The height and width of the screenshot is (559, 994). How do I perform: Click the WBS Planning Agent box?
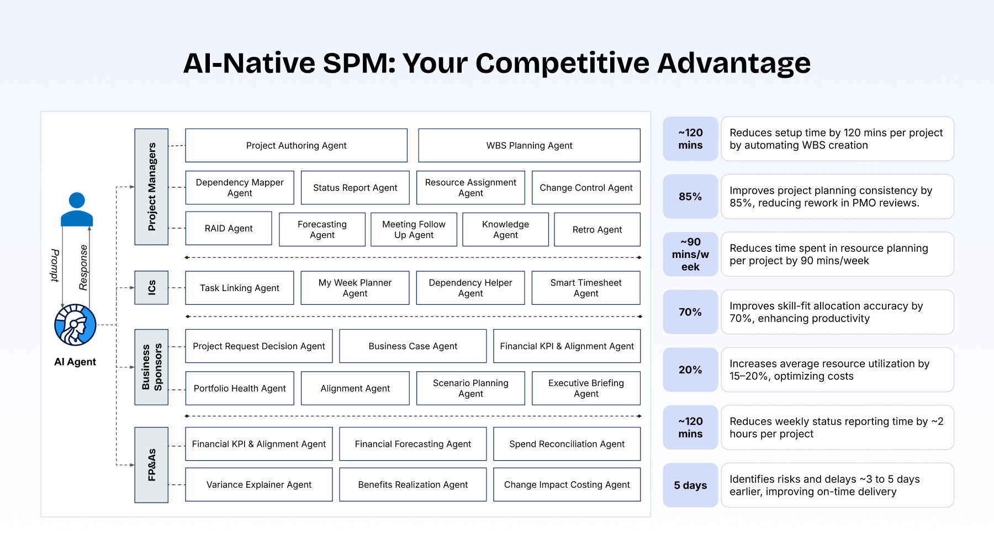(x=529, y=145)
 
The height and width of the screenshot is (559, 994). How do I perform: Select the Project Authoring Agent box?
(x=296, y=145)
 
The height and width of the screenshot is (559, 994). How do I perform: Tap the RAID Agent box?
(x=229, y=228)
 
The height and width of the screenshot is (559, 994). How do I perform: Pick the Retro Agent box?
(x=597, y=229)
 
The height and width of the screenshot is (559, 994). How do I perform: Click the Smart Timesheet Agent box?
(x=586, y=288)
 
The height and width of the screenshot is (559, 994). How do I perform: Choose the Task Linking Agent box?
(x=240, y=288)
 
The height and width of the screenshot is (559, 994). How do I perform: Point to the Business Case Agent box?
(x=413, y=346)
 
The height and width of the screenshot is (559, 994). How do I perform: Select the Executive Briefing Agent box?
(x=586, y=388)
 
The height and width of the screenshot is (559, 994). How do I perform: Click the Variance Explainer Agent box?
(x=258, y=484)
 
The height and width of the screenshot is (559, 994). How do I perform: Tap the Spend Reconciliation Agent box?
(x=567, y=444)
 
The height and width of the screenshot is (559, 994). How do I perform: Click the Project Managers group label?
(x=151, y=187)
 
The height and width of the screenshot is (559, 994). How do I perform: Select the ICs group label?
(x=151, y=288)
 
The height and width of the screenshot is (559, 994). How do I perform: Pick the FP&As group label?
(x=151, y=465)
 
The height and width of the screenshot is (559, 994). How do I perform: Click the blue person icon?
(x=77, y=209)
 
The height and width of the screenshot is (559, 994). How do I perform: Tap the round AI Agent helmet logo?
(x=75, y=325)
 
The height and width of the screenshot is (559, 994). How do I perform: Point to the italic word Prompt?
(x=55, y=265)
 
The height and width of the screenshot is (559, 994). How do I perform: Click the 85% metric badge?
(x=690, y=197)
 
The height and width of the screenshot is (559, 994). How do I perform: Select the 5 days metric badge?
(x=690, y=486)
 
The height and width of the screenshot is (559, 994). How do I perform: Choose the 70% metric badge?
(x=690, y=312)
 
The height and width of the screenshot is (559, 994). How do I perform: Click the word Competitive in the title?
(x=562, y=63)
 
